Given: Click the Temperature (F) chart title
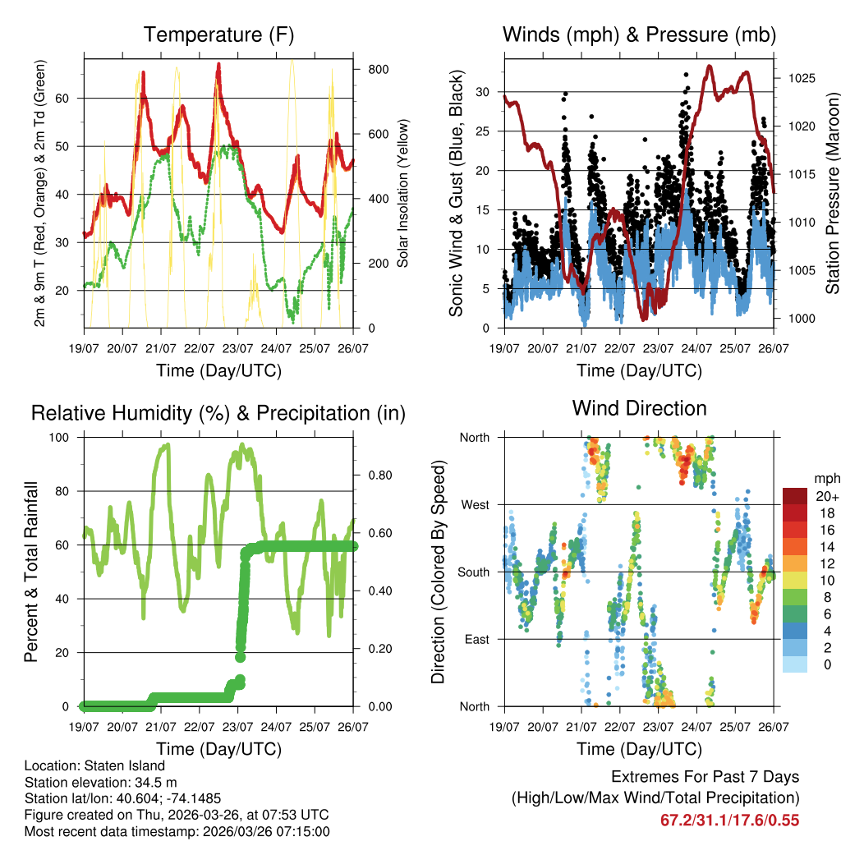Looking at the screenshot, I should click(218, 35).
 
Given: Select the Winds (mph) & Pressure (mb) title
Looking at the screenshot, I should click(639, 35).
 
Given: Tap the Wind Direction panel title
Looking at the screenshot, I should click(639, 408).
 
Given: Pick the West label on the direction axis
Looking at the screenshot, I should click(475, 504).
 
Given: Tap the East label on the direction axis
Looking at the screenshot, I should click(476, 639).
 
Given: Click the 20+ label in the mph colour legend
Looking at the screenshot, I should click(826, 496).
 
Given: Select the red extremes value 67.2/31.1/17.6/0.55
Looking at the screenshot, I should click(729, 820).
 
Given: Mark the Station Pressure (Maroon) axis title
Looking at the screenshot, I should click(832, 193).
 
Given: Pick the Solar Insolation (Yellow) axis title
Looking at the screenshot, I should click(402, 194).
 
